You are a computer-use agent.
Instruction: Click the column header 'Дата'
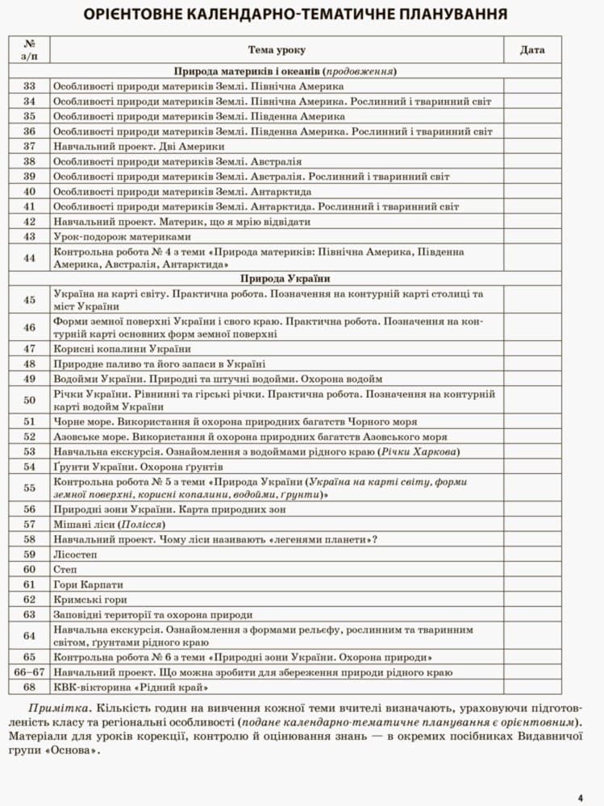click(x=532, y=50)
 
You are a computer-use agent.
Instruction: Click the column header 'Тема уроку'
click(x=277, y=50)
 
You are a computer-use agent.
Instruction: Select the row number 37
click(x=30, y=147)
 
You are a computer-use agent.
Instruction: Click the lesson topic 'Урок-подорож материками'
click(x=122, y=237)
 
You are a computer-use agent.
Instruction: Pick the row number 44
click(x=30, y=258)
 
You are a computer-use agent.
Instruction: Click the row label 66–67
click(x=30, y=672)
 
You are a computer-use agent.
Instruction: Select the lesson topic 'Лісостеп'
click(x=75, y=555)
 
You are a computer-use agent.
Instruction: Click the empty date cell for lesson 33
click(x=532, y=86)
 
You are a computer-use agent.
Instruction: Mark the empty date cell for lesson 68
click(x=532, y=688)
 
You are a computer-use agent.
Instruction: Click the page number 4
click(x=580, y=798)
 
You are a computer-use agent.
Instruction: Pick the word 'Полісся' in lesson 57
click(x=148, y=525)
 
